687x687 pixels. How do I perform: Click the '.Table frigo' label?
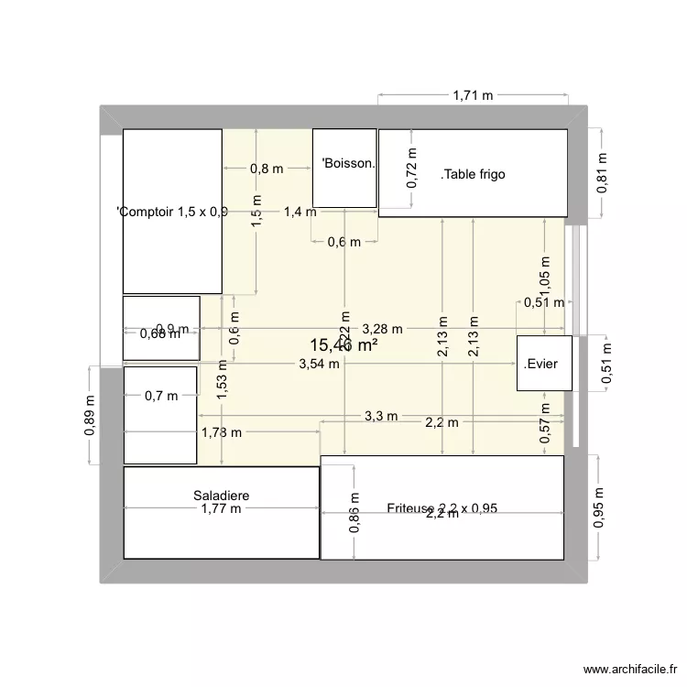click(x=473, y=174)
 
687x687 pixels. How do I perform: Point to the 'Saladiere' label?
click(x=221, y=496)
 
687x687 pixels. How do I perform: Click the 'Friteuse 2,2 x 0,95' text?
click(x=442, y=508)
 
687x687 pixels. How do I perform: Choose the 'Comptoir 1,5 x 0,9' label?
click(x=172, y=213)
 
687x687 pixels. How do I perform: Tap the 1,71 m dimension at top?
click(x=472, y=94)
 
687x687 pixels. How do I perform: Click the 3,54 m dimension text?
click(x=319, y=364)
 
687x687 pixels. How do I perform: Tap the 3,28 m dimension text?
click(x=379, y=328)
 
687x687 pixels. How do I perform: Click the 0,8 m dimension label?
click(x=267, y=169)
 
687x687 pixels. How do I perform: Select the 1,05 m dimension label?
click(x=545, y=272)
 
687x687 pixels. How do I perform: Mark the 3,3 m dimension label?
click(x=381, y=416)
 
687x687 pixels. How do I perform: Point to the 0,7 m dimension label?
click(x=159, y=396)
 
